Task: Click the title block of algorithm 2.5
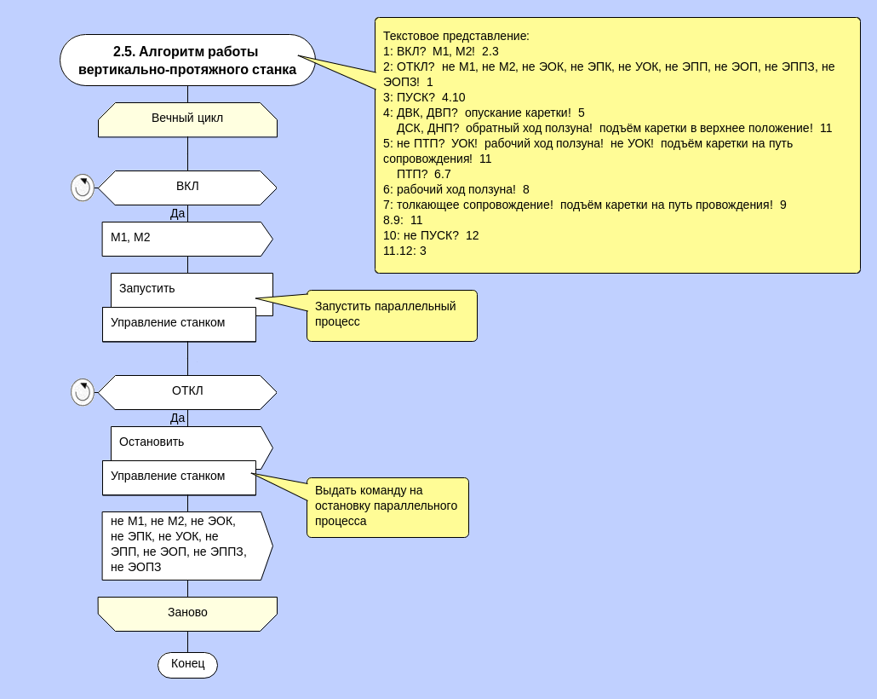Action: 187,60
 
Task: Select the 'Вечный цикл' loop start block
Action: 187,119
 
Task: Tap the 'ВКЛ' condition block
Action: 187,188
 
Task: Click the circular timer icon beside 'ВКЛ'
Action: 83,188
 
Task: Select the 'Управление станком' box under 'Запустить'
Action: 179,324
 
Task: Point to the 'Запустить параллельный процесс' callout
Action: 392,315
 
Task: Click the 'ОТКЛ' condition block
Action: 187,392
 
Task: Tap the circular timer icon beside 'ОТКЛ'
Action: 83,392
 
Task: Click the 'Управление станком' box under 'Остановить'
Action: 179,477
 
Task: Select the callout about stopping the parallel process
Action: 387,507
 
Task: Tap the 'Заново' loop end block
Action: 187,614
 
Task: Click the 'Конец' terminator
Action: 187,665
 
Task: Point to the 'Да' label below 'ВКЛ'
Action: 177,213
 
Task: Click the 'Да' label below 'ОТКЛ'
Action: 177,418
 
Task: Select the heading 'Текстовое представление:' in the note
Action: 456,36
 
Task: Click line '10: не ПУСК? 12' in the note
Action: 431,235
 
